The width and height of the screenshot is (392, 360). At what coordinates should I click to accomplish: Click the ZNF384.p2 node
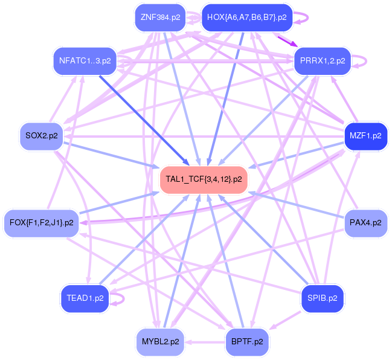(x=160, y=17)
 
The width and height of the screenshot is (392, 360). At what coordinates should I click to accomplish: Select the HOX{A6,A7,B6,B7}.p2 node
(x=246, y=17)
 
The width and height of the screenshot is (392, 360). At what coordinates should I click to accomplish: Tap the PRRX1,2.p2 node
(x=323, y=60)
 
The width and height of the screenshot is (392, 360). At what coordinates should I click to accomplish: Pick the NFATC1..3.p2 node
(x=85, y=60)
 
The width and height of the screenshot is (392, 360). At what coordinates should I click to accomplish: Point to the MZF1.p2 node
(x=365, y=135)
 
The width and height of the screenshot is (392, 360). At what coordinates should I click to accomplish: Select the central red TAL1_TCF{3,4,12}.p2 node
(x=204, y=179)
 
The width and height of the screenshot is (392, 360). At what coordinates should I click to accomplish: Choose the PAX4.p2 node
(x=365, y=223)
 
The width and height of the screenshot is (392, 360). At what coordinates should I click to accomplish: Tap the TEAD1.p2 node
(x=85, y=298)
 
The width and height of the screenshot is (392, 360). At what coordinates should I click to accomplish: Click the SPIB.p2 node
(x=323, y=298)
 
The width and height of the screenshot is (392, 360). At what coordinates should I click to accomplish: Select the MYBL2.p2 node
(x=160, y=341)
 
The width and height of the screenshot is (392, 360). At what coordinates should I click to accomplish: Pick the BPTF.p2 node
(x=246, y=341)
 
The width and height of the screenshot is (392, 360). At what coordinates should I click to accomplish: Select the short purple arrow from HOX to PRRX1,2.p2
(x=286, y=40)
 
